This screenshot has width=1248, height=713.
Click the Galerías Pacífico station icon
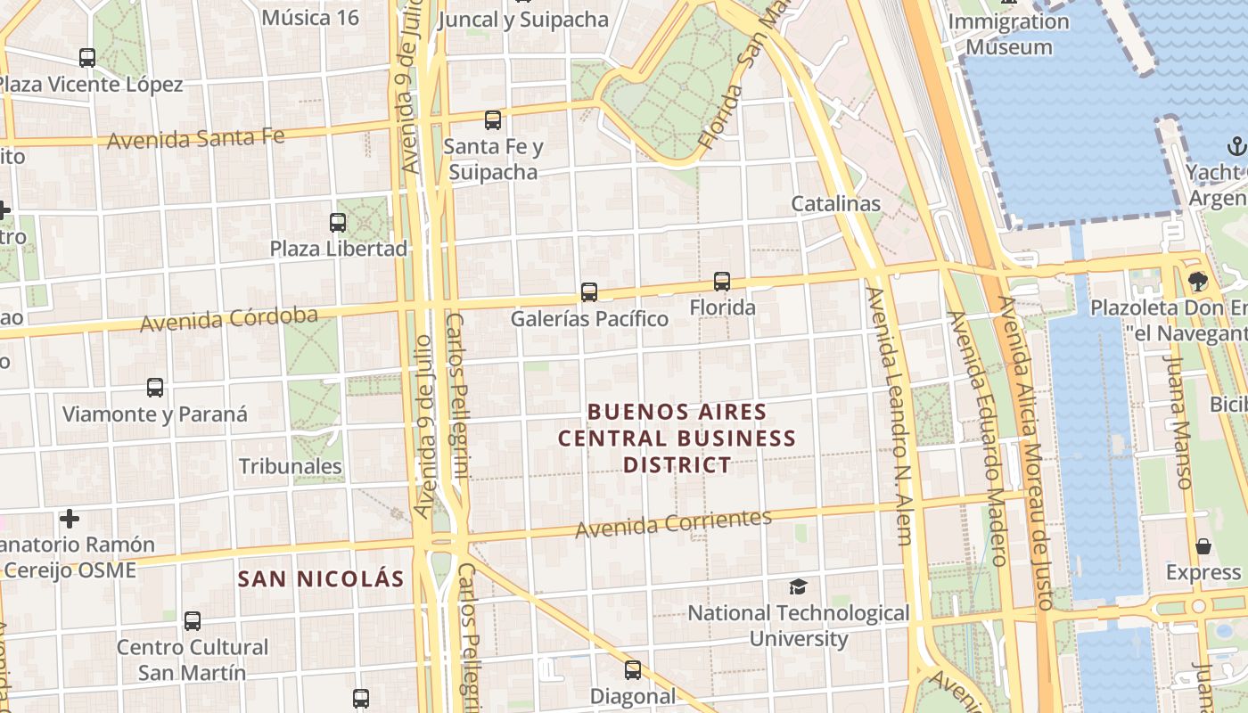(x=588, y=291)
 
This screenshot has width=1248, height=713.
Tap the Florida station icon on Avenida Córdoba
(x=722, y=282)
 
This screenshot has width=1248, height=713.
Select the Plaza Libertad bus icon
(x=338, y=223)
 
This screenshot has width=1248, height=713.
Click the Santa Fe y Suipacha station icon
(x=493, y=120)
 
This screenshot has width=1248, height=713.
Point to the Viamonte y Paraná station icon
(x=155, y=388)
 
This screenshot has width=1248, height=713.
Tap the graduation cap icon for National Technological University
(x=798, y=586)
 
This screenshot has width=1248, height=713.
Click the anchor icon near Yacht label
(x=1236, y=145)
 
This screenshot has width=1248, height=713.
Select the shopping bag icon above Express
(x=1203, y=546)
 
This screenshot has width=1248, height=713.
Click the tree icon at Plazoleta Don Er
(x=1196, y=282)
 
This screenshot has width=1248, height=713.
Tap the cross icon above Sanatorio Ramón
(x=70, y=518)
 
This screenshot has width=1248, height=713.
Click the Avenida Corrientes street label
(x=673, y=524)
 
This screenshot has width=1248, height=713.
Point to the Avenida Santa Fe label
(x=196, y=139)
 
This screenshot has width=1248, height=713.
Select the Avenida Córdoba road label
(x=229, y=319)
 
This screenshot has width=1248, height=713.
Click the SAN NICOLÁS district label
(x=321, y=578)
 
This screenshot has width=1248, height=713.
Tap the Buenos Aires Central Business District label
(x=677, y=438)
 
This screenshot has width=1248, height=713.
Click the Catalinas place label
(x=835, y=203)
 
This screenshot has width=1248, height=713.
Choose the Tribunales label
(x=291, y=466)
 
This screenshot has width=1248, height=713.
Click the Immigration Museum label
(x=1009, y=34)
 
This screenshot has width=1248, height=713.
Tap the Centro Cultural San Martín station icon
(x=193, y=621)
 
